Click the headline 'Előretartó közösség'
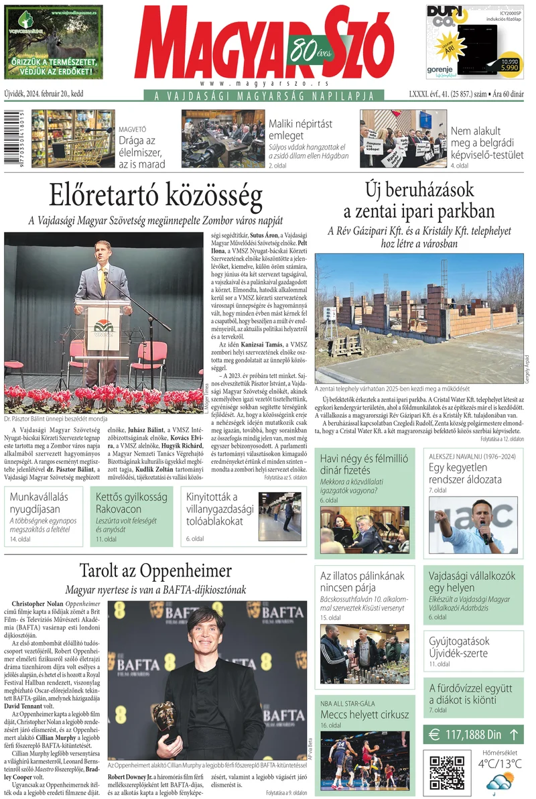coord(155,196)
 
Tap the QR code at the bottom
coord(447,772)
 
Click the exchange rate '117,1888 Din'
coord(473,735)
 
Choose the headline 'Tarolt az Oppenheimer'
coord(155,571)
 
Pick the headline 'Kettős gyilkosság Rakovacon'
coord(131,503)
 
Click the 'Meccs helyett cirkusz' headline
coord(364,715)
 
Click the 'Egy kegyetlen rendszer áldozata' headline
coord(465,473)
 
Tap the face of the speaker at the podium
coord(103,250)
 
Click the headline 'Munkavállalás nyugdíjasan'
coord(44,503)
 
